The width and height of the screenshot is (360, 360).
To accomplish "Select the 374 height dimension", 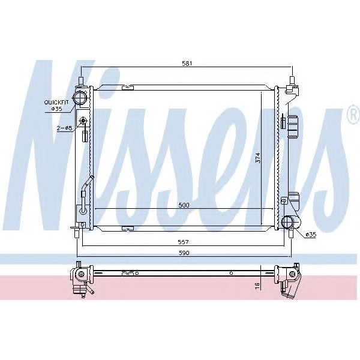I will click(257, 157).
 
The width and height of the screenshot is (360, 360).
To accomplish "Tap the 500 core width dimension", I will click(184, 205).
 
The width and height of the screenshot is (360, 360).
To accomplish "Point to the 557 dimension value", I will click(184, 242).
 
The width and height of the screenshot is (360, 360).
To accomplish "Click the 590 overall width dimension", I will click(184, 253).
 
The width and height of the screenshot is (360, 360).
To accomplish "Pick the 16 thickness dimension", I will click(257, 286).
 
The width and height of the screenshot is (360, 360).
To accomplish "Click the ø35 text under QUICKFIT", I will click(56, 109).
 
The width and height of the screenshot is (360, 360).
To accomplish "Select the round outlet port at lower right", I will click(291, 222).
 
